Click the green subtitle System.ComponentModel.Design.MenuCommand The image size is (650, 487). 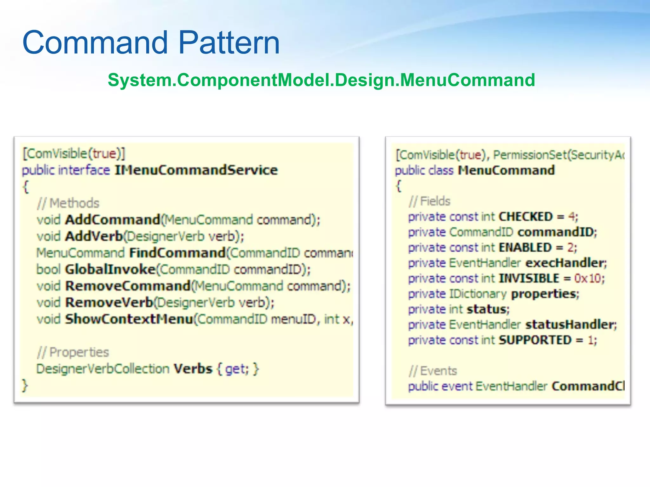coord(321,80)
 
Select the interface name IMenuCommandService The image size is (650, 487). coord(196,170)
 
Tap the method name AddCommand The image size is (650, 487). coord(113,220)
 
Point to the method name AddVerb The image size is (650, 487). coord(94,236)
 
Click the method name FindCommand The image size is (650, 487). coord(177,253)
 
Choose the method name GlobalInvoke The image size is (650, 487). coord(110,269)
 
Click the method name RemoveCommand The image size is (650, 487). coord(128,286)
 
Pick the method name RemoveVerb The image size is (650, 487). coord(109,302)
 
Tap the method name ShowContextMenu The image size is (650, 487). coord(129,319)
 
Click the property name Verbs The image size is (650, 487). coord(193,369)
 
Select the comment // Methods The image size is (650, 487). coord(68,203)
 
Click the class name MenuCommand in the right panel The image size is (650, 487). coord(506,170)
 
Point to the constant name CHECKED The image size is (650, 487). coord(526,217)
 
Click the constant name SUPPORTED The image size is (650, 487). coord(535,340)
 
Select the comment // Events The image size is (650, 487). coord(433,371)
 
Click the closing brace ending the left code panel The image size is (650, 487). coord(25,386)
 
